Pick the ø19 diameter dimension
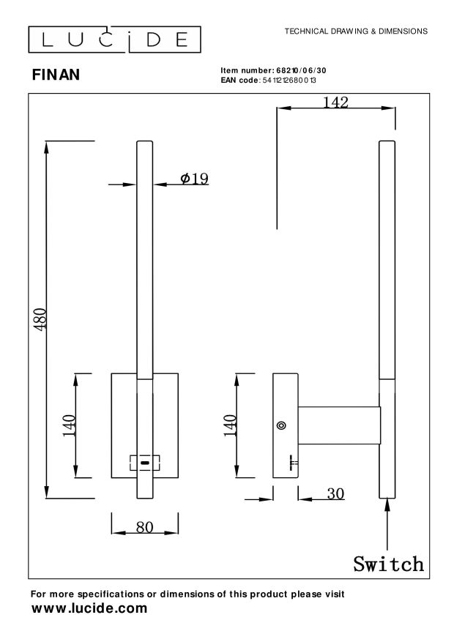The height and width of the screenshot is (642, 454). (x=194, y=178)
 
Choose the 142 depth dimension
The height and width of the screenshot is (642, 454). (x=335, y=102)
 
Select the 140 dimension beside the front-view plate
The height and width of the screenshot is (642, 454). (x=69, y=425)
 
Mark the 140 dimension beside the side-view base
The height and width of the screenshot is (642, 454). (x=230, y=425)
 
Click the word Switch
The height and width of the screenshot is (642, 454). (x=388, y=564)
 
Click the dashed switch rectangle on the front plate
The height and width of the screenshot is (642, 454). (x=144, y=463)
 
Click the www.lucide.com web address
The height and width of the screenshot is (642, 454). (x=89, y=608)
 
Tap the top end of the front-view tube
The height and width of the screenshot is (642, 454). (x=145, y=142)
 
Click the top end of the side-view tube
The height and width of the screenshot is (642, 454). (x=386, y=142)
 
